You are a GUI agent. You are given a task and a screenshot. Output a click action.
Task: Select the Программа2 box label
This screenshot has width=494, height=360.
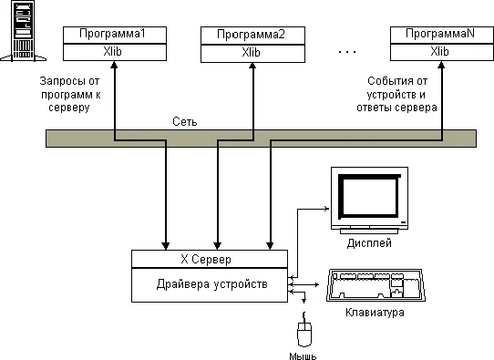(251, 35)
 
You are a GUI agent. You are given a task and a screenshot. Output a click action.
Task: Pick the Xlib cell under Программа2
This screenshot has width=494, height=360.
(251, 51)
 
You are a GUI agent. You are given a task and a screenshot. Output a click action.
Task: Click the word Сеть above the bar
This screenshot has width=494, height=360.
(186, 121)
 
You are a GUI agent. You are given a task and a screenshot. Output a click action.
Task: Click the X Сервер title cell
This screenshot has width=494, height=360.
(211, 259)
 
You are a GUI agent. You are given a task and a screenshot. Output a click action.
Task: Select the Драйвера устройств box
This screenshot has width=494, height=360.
(211, 284)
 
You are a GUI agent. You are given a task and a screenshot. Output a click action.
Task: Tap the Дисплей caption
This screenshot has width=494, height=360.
(369, 243)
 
